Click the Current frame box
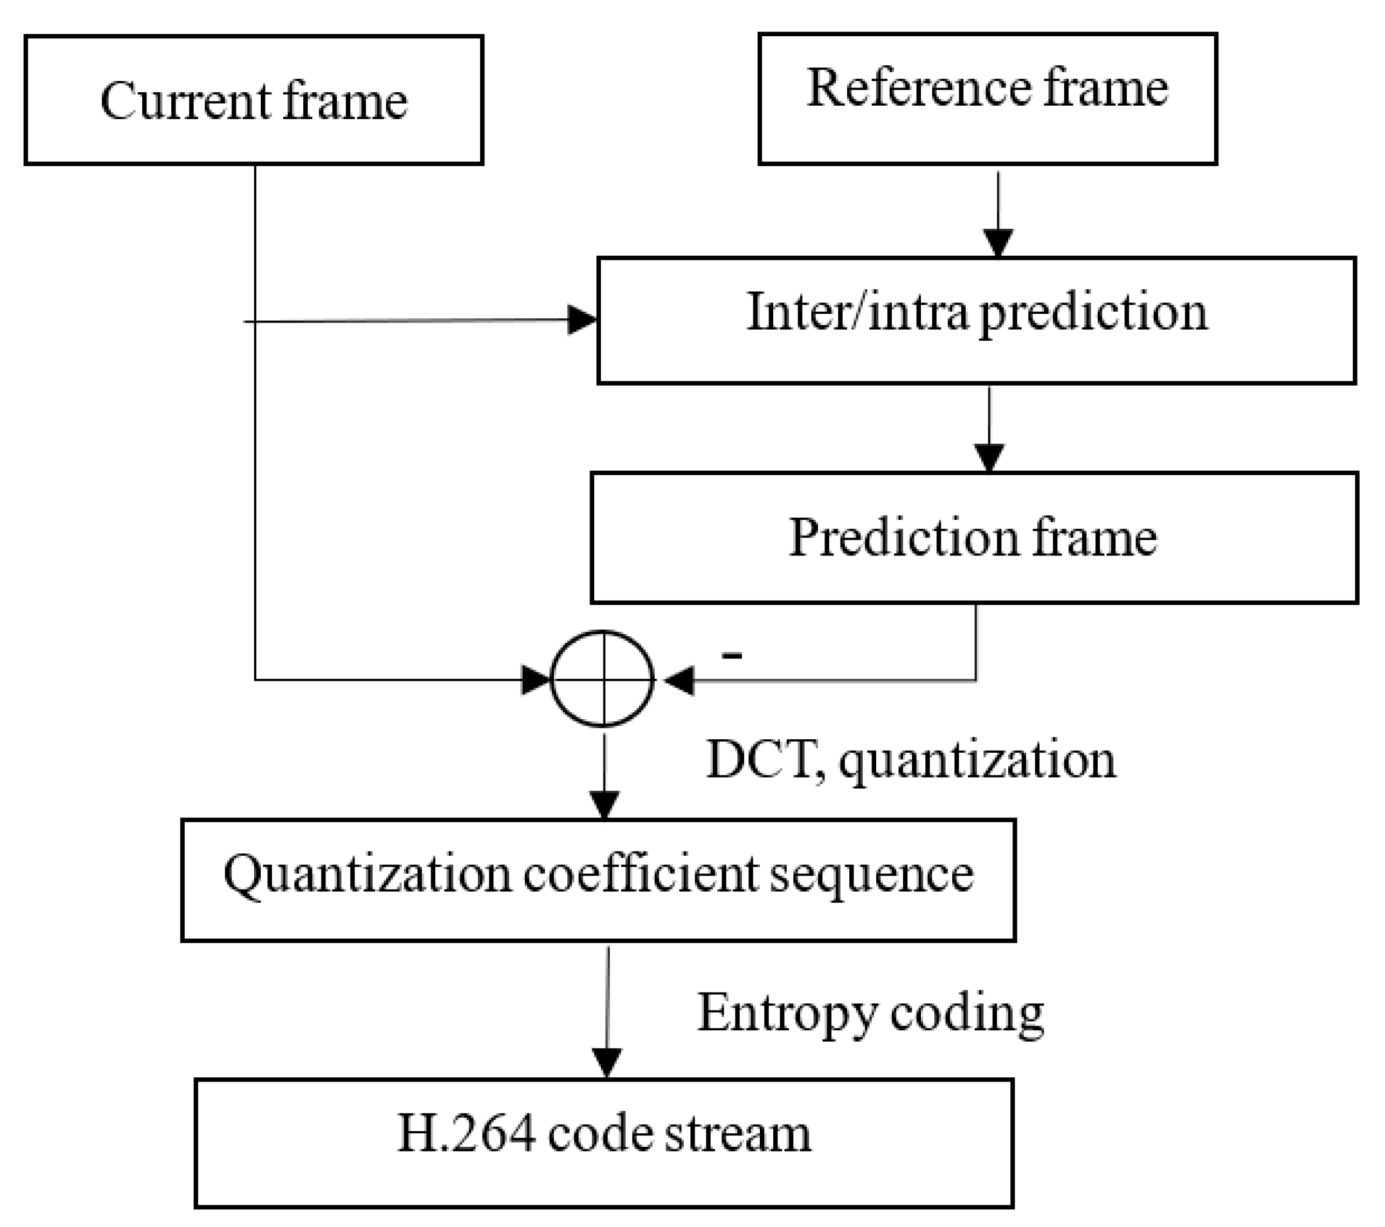click(254, 100)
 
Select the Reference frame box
click(988, 99)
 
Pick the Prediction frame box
click(974, 537)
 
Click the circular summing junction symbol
click(602, 679)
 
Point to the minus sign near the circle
click(732, 654)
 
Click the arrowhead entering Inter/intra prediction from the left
click(581, 320)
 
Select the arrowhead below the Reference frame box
click(998, 243)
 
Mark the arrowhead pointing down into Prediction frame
click(989, 457)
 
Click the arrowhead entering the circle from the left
click(535, 679)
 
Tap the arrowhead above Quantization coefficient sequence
click(603, 805)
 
